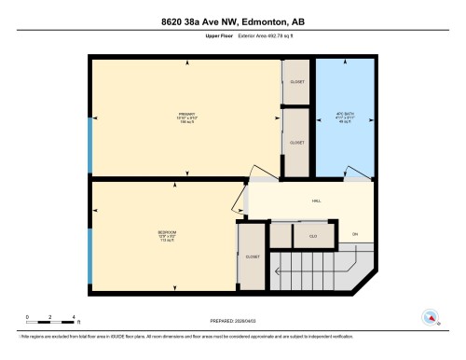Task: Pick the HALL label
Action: pyautogui.click(x=316, y=200)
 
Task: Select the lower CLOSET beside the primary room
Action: pyautogui.click(x=297, y=143)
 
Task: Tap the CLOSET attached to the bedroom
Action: pyautogui.click(x=253, y=256)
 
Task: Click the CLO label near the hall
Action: pyautogui.click(x=313, y=236)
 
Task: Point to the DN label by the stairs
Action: pyautogui.click(x=354, y=233)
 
